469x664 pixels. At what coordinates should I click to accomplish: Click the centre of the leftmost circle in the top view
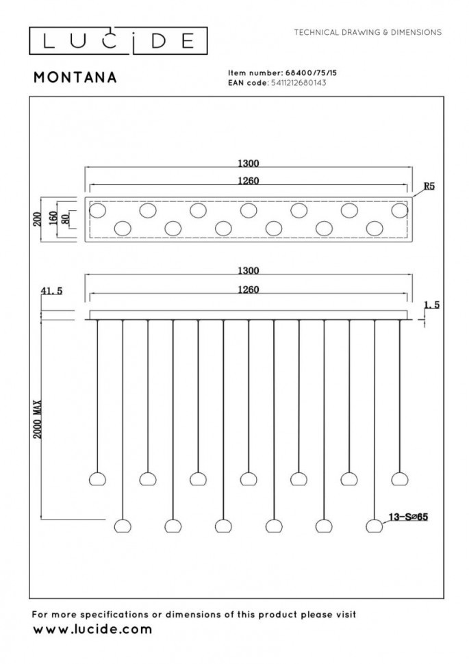point(97,210)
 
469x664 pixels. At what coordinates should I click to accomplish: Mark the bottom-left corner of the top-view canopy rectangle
point(85,242)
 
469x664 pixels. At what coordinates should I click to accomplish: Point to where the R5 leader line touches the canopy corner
point(413,197)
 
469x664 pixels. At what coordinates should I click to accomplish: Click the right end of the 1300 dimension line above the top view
point(412,168)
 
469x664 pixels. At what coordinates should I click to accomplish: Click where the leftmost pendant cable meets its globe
point(97,472)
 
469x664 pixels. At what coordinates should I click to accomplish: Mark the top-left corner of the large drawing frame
point(29,97)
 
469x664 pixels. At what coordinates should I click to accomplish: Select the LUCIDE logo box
point(118,41)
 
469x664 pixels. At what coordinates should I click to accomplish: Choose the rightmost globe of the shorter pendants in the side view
point(400,478)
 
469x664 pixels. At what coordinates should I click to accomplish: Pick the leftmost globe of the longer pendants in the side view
point(123,526)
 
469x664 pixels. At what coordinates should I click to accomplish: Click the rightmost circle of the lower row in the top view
point(375,228)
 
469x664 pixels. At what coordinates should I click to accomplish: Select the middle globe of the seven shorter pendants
point(249,478)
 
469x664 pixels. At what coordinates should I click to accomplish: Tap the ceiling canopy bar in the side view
point(249,315)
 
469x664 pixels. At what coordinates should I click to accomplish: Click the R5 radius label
point(429,186)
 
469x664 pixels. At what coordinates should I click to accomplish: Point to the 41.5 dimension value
point(51,291)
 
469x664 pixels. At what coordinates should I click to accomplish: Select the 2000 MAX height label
point(38,419)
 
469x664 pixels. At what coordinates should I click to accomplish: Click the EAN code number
point(299,83)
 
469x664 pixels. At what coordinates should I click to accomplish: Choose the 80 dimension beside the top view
point(65,219)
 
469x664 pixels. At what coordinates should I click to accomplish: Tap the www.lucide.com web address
point(92,629)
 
